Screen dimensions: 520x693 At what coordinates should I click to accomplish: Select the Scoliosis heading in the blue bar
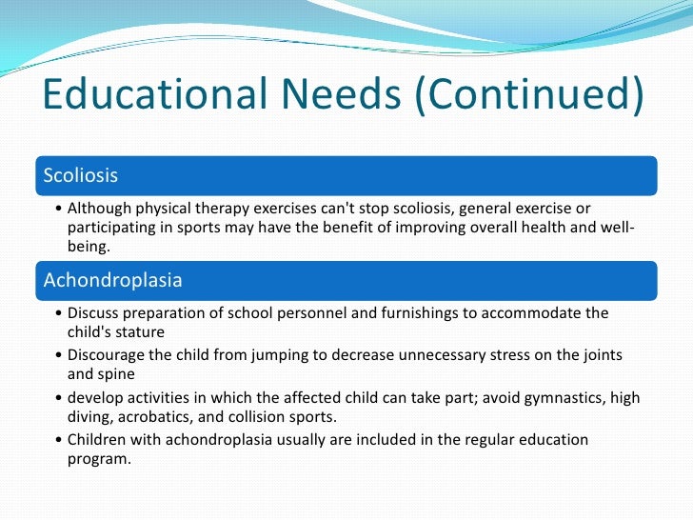pos(81,175)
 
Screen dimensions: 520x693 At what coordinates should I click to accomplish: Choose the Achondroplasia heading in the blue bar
pos(113,281)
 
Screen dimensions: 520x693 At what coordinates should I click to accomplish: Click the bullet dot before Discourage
pos(60,355)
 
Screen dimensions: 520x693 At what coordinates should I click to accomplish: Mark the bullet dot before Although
pos(60,209)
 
